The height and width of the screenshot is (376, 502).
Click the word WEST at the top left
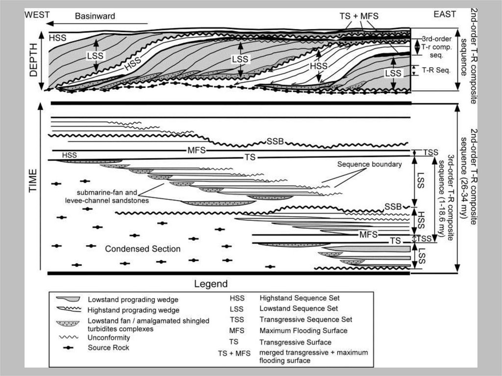(x=37, y=15)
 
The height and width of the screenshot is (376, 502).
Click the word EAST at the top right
(x=446, y=15)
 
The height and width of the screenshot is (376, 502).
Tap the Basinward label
(x=95, y=16)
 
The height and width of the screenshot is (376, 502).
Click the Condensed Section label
(x=143, y=249)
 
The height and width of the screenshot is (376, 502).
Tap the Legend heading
(x=211, y=284)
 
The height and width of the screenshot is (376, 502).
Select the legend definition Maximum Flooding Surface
(x=303, y=331)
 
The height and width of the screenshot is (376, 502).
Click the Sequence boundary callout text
(x=369, y=165)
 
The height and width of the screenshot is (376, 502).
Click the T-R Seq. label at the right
(x=433, y=69)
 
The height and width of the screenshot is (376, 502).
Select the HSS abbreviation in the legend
(x=237, y=298)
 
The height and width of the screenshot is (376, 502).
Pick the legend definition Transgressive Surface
(x=295, y=342)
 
